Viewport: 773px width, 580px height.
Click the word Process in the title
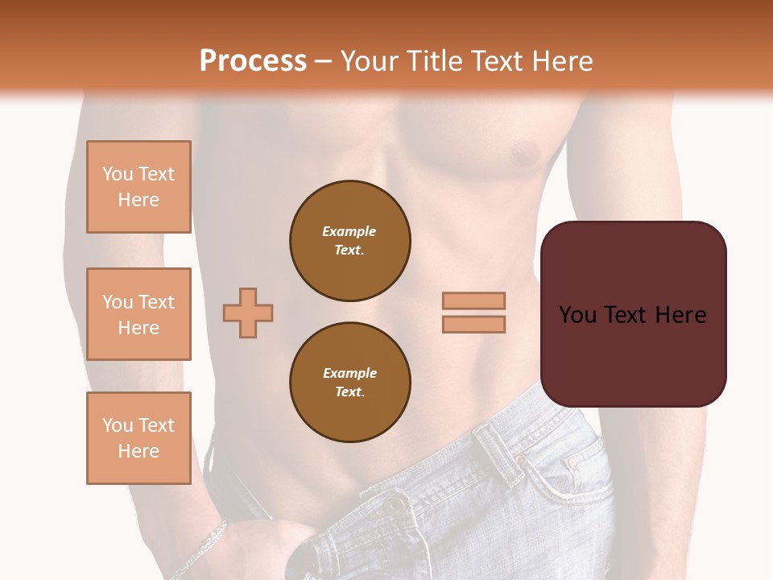253,61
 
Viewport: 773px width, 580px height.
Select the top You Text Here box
138,187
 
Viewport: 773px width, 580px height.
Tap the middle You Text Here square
138,314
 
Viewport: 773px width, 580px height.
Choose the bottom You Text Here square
138,437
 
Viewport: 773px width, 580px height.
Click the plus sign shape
248,313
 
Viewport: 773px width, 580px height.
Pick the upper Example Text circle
349,241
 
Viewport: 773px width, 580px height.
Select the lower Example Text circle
349,383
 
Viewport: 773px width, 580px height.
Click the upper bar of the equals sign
473,300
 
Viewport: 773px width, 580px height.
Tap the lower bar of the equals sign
473,325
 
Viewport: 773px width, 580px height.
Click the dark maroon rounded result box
633,354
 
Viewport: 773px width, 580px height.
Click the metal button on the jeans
395,505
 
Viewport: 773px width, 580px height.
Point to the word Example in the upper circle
349,231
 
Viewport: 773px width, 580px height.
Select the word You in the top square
117,174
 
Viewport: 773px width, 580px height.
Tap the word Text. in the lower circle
349,392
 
